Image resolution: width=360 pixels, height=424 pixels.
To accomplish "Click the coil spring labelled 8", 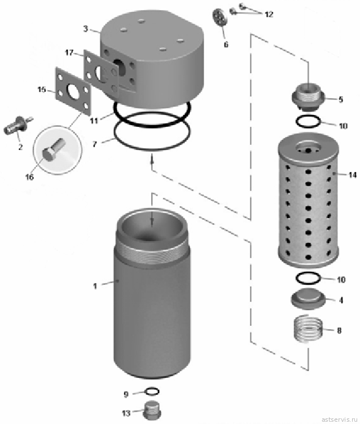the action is coord(308,329).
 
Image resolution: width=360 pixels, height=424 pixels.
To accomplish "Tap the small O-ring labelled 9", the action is coord(152,391).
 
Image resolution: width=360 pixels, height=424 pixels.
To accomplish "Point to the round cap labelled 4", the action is coord(308,299).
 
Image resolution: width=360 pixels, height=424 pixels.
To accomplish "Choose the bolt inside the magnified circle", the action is coord(54,149).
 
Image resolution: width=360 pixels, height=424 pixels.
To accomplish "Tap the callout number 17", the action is coord(69,52).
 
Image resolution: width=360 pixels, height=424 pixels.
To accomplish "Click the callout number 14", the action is coord(353,175).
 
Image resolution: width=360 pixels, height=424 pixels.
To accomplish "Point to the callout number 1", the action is coord(95,286).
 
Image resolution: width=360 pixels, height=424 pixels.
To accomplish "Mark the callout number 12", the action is coord(269,14).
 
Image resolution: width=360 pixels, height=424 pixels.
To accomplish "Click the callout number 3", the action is coord(86,29).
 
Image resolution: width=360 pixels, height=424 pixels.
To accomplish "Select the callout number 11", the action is coord(94,121).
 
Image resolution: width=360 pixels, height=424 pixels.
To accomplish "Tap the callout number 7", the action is coord(94,144).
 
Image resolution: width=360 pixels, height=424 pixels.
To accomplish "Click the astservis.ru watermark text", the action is coord(339,419).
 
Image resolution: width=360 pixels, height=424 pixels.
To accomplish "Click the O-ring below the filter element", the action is coord(308,279).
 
